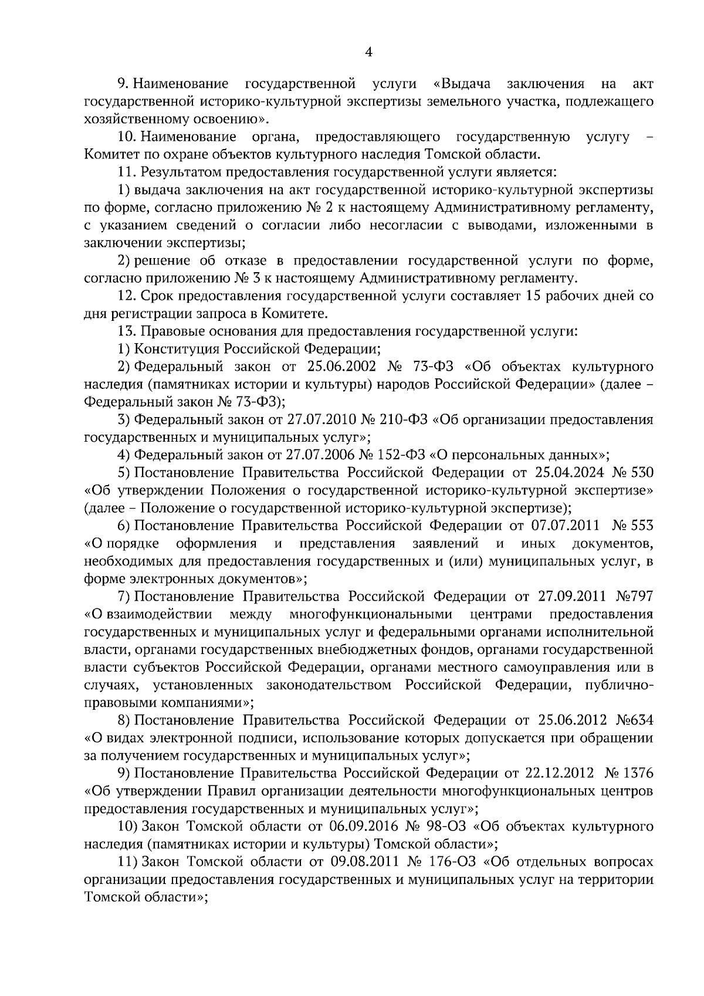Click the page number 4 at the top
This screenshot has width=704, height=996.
pyautogui.click(x=368, y=52)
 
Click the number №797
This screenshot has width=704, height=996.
pyautogui.click(x=634, y=597)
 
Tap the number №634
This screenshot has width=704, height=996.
pyautogui.click(x=635, y=720)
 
